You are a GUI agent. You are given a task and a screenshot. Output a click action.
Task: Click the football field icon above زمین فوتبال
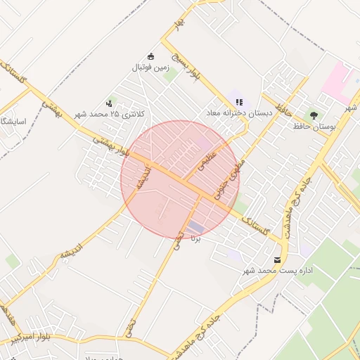[x=150, y=56]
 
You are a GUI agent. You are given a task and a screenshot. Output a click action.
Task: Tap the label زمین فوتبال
[x=150, y=67]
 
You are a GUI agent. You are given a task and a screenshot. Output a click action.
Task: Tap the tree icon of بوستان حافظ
[x=313, y=115]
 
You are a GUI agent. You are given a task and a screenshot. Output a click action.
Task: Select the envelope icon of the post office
[x=276, y=259]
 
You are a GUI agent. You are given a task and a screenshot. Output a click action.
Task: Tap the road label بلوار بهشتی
[x=112, y=146]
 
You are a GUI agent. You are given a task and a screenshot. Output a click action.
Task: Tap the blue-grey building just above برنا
[x=195, y=228]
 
